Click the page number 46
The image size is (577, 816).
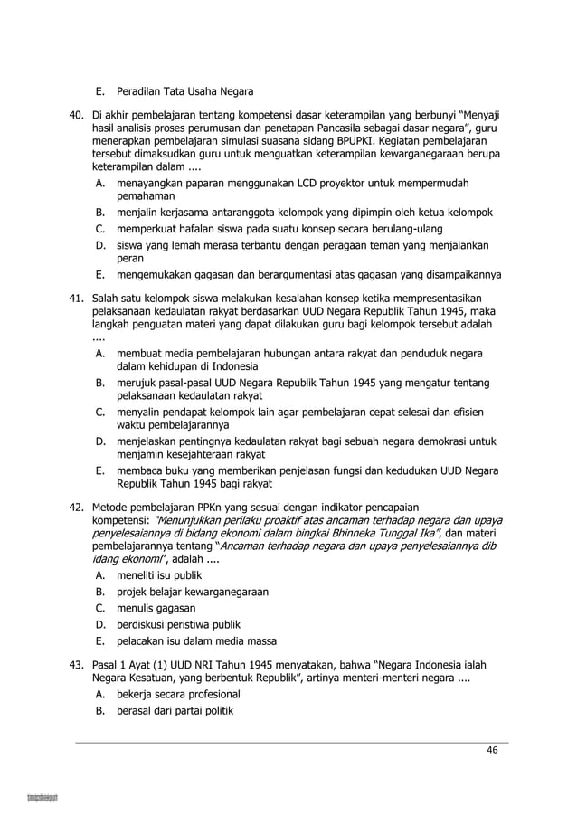(x=492, y=750)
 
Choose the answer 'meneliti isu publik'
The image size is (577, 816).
(x=159, y=574)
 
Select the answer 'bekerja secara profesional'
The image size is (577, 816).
(x=178, y=694)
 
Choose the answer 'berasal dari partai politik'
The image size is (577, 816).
(x=175, y=711)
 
